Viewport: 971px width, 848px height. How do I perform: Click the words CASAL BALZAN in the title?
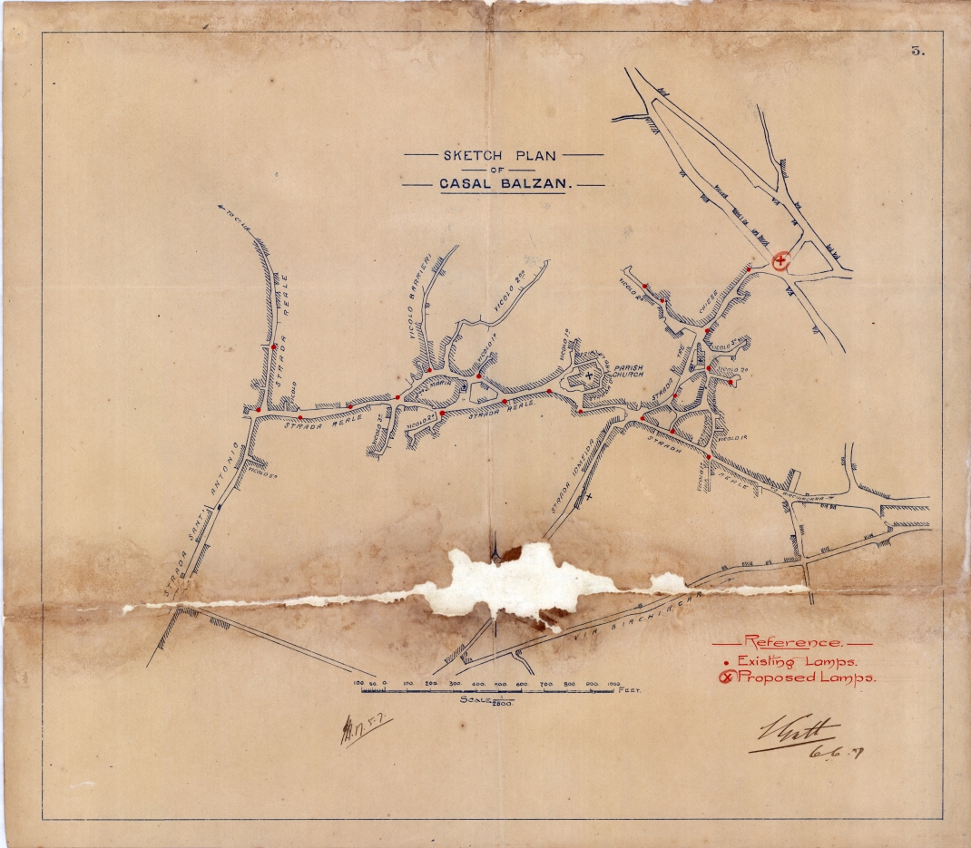(x=504, y=183)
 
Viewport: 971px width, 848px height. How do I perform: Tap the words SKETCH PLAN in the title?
(x=499, y=155)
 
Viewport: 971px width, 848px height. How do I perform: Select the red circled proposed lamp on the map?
(x=780, y=260)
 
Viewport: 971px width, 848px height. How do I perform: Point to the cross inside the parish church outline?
(x=588, y=374)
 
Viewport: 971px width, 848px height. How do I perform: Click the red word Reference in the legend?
(x=792, y=642)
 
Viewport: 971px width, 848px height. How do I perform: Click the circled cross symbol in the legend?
(x=724, y=677)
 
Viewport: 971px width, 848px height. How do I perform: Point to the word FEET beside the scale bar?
(x=629, y=691)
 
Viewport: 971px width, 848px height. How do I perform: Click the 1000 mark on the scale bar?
(x=613, y=682)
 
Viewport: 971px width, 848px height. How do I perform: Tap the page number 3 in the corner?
(x=917, y=51)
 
